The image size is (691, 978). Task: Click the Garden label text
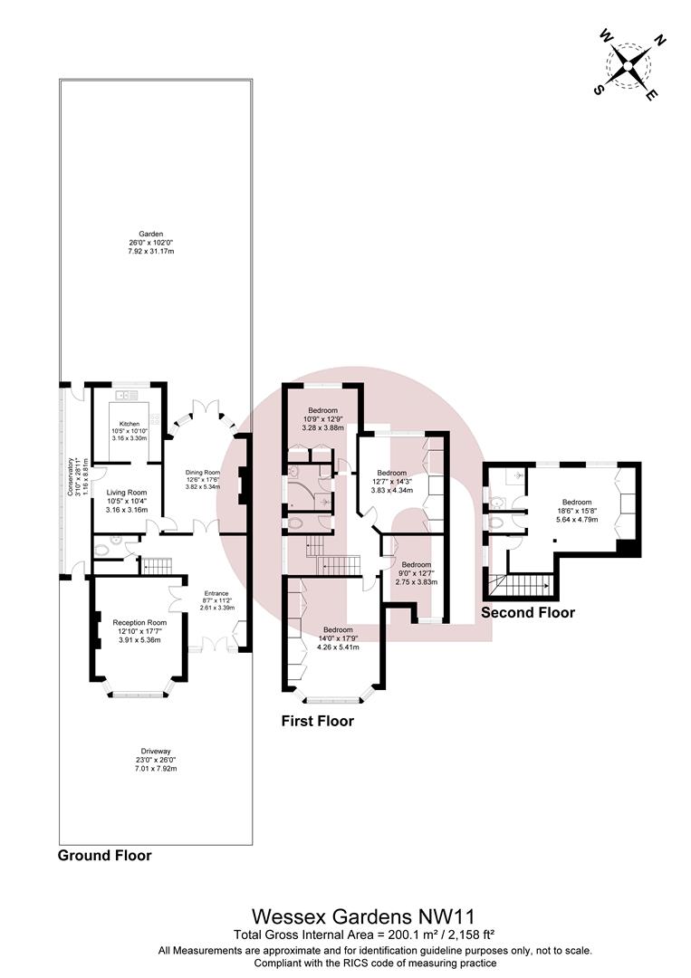[151, 234]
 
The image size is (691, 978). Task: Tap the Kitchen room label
[130, 424]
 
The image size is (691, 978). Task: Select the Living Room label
[127, 493]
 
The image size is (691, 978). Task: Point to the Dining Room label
[203, 472]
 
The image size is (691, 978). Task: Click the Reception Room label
[139, 622]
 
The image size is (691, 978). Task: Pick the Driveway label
[156, 752]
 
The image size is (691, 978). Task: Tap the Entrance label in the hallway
[216, 594]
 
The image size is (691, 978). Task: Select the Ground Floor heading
[105, 855]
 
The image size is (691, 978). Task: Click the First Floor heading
[318, 721]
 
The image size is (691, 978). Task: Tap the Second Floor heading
[528, 612]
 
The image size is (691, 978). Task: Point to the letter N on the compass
[659, 41]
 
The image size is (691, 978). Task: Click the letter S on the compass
[598, 90]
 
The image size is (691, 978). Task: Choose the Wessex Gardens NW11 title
[363, 916]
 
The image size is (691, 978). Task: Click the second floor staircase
[521, 586]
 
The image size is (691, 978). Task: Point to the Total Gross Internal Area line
[363, 935]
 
